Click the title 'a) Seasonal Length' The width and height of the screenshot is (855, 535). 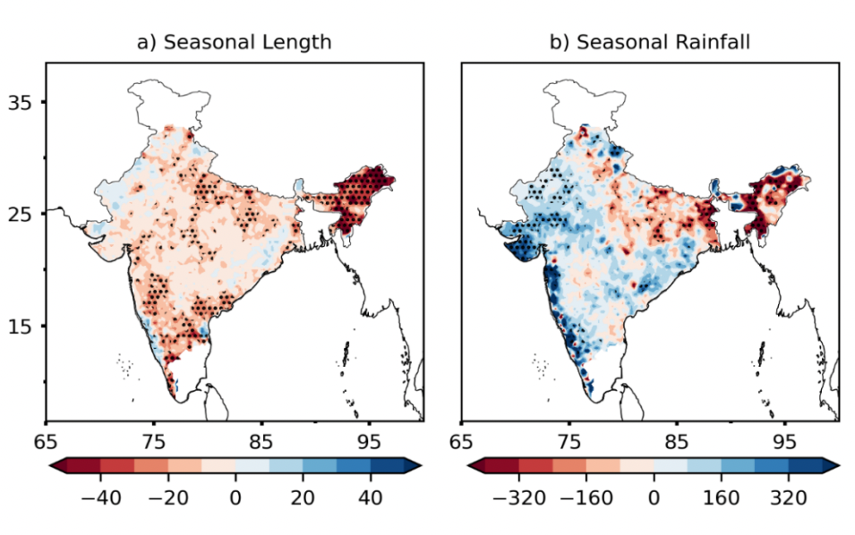(235, 42)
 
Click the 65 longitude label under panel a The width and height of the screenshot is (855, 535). (46, 441)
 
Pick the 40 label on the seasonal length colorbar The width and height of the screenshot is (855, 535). (370, 495)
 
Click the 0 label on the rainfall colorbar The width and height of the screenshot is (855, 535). (654, 495)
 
